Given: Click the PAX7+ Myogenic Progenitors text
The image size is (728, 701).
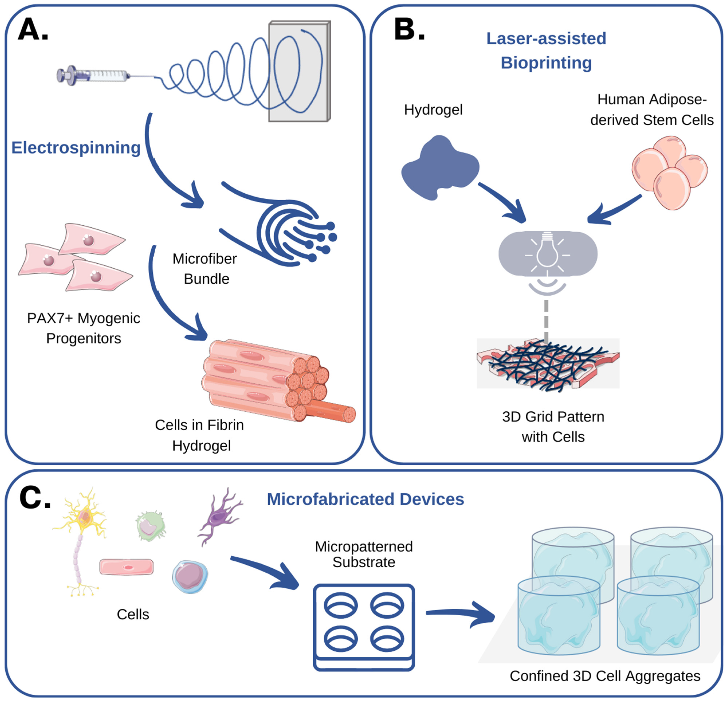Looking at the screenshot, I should click(x=84, y=328).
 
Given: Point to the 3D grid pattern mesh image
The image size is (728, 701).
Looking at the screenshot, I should click(x=548, y=364).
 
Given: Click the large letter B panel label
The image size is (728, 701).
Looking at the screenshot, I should click(x=409, y=30).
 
